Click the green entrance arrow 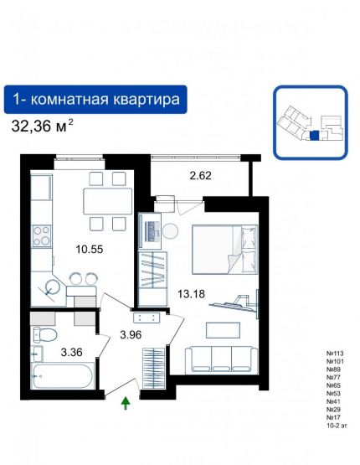pyautogui.click(x=126, y=404)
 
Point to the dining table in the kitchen pyautogui.click(x=108, y=202)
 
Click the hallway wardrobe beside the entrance pyautogui.click(x=152, y=365)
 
